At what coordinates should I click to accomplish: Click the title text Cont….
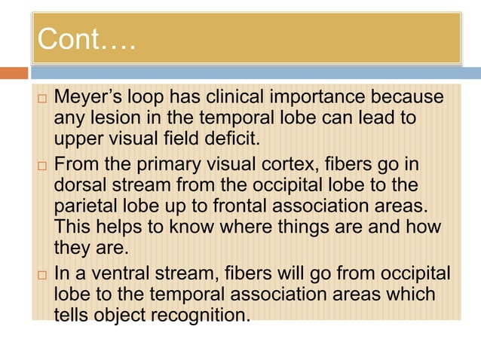[86, 39]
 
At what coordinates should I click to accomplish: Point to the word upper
[79, 139]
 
